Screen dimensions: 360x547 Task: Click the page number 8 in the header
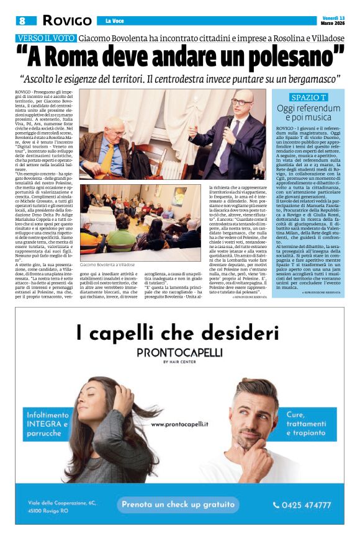coord(22,20)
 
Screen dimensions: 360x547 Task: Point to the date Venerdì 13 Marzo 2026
coord(333,20)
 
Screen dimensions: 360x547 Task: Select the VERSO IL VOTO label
coord(47,38)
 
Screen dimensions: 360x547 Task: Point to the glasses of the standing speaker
coord(239,100)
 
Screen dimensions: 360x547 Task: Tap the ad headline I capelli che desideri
coord(178,333)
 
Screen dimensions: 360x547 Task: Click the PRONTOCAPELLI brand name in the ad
coord(178,352)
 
